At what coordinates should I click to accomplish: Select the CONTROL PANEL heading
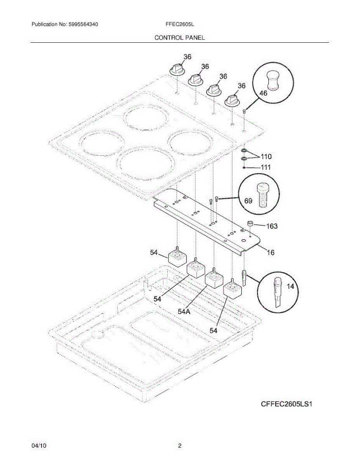[179, 38]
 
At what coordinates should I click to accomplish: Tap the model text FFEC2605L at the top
[179, 24]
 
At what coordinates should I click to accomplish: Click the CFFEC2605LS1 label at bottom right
[287, 404]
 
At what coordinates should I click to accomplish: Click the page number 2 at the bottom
[180, 446]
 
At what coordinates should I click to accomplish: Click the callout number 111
[266, 167]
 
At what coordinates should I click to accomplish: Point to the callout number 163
[272, 226]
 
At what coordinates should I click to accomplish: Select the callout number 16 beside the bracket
[270, 252]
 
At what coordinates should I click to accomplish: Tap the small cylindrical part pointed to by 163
[250, 224]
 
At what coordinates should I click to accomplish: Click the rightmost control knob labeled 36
[232, 99]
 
